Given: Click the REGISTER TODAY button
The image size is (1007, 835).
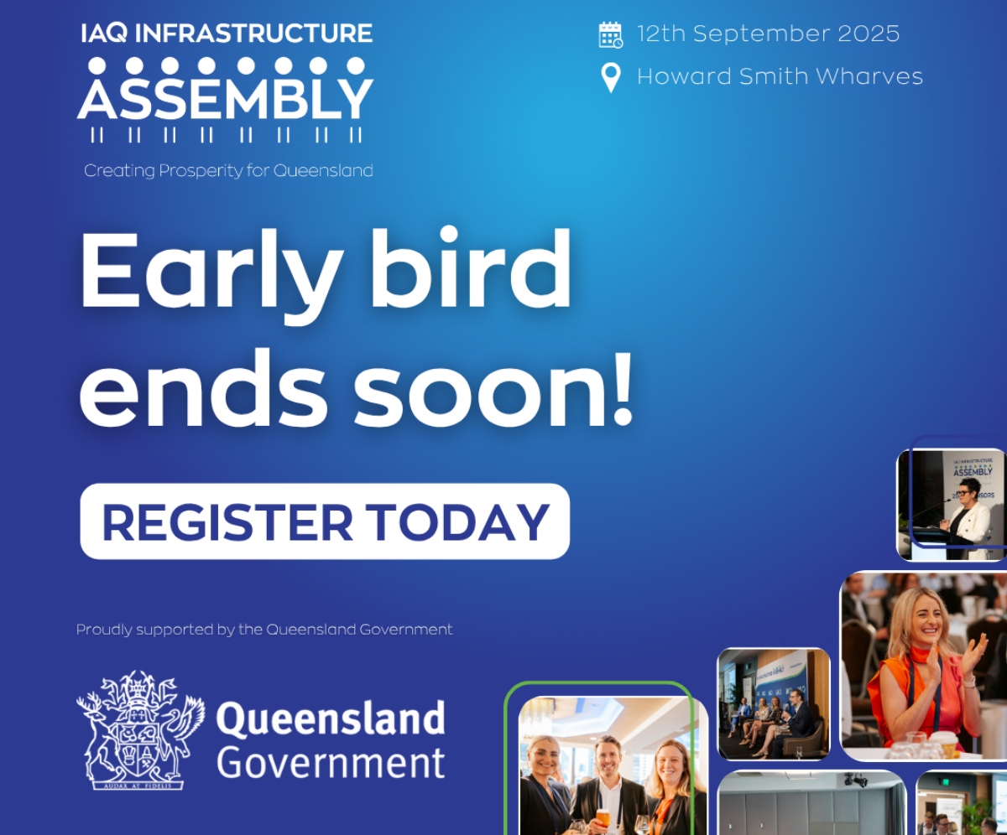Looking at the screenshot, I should tap(325, 521).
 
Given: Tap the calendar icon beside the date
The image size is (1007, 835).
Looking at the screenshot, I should tap(610, 34).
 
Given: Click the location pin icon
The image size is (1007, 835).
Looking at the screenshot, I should tap(611, 77).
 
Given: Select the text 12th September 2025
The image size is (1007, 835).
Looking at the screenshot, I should tap(768, 34).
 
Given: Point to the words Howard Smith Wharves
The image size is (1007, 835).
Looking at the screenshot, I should tap(780, 77).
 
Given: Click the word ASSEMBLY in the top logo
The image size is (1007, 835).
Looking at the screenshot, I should tap(225, 99).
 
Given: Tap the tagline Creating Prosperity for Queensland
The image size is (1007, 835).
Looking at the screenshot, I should tap(228, 171).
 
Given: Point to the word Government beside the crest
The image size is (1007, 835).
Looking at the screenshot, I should tap(331, 764).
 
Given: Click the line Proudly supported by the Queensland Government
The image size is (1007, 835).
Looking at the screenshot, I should tap(264, 630).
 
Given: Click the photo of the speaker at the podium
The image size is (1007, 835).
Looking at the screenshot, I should tap(950, 505).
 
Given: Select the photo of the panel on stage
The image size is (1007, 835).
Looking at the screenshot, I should tap(773, 704).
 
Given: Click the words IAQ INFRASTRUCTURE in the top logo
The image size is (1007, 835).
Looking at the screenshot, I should tap(227, 34).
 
